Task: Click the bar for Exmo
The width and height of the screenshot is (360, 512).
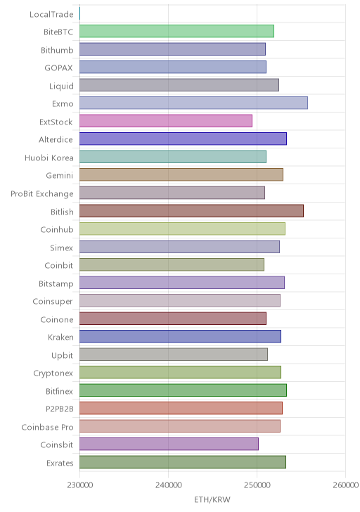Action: (193, 103)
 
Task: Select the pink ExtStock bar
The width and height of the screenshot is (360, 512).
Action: (166, 121)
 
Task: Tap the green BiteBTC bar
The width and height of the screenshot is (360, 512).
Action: (176, 31)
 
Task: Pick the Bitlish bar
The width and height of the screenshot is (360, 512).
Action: (191, 210)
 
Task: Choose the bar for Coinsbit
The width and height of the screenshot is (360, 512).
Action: (169, 444)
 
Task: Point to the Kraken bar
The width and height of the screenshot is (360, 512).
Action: (180, 336)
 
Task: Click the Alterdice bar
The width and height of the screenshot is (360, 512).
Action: (183, 139)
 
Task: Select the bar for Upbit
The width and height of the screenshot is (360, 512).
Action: (174, 354)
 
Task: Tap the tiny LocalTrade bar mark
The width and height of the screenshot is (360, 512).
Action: (80, 13)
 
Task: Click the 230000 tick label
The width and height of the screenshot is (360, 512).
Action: (80, 485)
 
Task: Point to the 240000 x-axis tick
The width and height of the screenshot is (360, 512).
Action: (169, 485)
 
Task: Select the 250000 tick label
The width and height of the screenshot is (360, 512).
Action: (257, 485)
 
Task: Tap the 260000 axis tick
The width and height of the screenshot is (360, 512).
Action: (346, 485)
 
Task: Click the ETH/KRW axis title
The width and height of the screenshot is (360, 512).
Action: (212, 499)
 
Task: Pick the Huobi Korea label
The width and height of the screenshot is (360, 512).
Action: (49, 158)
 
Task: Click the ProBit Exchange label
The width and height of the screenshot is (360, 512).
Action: (42, 194)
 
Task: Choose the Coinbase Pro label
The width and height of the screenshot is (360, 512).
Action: (48, 427)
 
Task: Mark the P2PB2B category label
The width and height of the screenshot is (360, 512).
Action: (60, 409)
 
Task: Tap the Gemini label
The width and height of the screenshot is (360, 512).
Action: (60, 176)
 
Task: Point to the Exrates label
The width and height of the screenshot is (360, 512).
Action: (60, 463)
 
